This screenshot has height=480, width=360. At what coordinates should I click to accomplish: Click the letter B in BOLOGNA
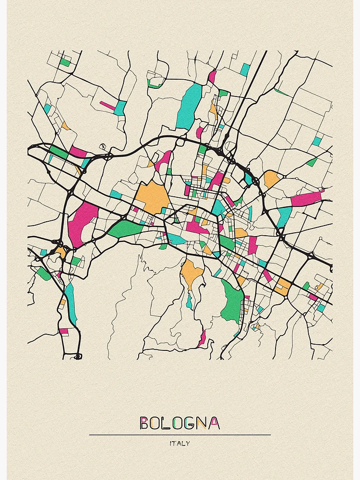pyautogui.click(x=144, y=423)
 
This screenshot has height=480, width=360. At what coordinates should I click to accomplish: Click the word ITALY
pyautogui.click(x=180, y=444)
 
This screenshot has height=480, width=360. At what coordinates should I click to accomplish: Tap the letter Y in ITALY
pyautogui.click(x=188, y=444)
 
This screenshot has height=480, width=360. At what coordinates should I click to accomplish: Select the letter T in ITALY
pyautogui.click(x=175, y=444)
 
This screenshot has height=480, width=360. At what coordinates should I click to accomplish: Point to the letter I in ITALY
pyautogui.click(x=171, y=444)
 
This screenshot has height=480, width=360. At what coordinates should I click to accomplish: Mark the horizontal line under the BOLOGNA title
pyautogui.click(x=180, y=435)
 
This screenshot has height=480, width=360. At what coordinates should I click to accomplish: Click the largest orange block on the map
pyautogui.click(x=152, y=197)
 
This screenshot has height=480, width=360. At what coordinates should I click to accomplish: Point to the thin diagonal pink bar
pyautogui.click(x=108, y=105)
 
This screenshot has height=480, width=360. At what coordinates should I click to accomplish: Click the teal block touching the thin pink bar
pyautogui.click(x=120, y=108)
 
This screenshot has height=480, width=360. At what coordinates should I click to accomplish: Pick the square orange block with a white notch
pyautogui.click(x=282, y=287)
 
